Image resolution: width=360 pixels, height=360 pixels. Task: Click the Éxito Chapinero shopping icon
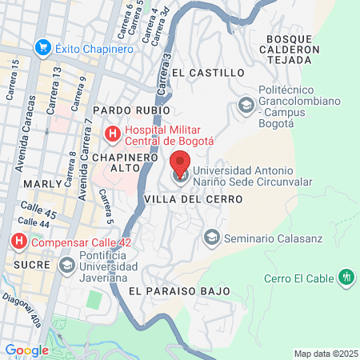(44, 48)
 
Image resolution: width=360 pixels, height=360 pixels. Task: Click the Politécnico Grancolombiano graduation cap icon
(246, 104)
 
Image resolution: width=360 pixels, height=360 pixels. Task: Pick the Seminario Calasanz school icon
(212, 237)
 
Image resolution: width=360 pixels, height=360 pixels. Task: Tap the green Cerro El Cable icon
(346, 278)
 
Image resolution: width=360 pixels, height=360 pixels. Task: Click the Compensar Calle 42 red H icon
(18, 240)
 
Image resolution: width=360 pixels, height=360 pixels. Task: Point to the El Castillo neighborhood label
(207, 73)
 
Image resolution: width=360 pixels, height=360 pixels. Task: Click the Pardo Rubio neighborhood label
(132, 110)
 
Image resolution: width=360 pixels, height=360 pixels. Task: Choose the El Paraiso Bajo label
(179, 290)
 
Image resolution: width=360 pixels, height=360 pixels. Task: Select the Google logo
(26, 350)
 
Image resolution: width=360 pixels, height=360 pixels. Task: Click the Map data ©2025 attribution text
(324, 354)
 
